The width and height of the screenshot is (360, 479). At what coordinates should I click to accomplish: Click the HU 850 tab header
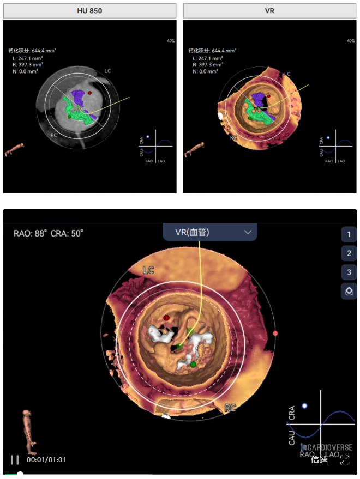(x=89, y=11)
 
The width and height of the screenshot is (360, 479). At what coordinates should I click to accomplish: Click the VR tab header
(x=269, y=11)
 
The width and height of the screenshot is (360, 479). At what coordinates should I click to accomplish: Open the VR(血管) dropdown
(x=210, y=232)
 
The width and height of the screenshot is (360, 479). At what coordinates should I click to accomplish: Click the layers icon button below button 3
(x=349, y=291)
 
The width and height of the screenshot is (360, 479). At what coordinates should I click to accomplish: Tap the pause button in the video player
(x=15, y=459)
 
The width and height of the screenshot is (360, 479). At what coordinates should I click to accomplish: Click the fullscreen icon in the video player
(x=345, y=459)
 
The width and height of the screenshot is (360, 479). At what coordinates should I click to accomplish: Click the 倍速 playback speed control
(x=319, y=459)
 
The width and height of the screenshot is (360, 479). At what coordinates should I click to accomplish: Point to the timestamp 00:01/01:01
(x=46, y=459)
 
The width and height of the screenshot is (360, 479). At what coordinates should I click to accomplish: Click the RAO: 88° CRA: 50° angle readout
(x=49, y=233)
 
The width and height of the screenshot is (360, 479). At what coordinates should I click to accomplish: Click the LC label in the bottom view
(x=148, y=270)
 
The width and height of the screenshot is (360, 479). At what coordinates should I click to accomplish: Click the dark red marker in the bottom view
(x=166, y=317)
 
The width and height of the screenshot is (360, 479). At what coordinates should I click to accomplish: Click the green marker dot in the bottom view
(x=193, y=363)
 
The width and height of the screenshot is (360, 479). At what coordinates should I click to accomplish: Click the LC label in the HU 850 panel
(x=107, y=71)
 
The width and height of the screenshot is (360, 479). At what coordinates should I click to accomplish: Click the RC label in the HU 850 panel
(x=54, y=135)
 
